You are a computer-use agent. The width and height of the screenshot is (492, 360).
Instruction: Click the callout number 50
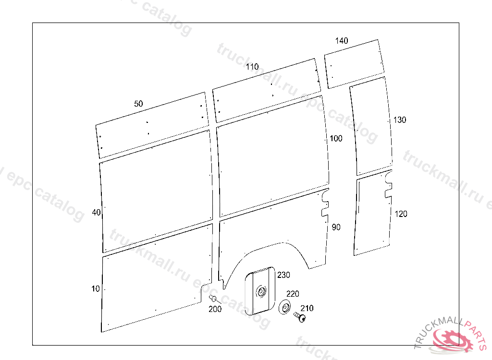pyautogui.click(x=138, y=104)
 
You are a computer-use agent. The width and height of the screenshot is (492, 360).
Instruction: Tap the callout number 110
pyautogui.click(x=252, y=67)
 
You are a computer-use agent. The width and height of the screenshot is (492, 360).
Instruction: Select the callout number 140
pyautogui.click(x=342, y=41)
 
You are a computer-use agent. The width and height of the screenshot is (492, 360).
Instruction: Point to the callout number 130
pyautogui.click(x=399, y=120)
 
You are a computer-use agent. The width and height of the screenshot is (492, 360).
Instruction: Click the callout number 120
pyautogui.click(x=401, y=214)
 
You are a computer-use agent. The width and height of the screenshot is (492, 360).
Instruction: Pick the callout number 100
pyautogui.click(x=336, y=139)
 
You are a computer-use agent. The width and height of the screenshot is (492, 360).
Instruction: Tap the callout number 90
pyautogui.click(x=336, y=227)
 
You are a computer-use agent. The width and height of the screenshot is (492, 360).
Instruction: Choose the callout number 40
pyautogui.click(x=96, y=212)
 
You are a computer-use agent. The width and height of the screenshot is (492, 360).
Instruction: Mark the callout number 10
pyautogui.click(x=96, y=288)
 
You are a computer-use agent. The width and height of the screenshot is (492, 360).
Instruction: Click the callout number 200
pyautogui.click(x=215, y=309)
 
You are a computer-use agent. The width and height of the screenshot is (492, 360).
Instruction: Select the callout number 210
pyautogui.click(x=307, y=308)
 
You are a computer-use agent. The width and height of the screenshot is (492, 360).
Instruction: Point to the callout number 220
pyautogui.click(x=293, y=294)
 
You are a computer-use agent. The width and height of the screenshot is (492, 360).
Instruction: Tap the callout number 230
pyautogui.click(x=283, y=275)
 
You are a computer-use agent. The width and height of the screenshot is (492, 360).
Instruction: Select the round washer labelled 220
pyautogui.click(x=285, y=307)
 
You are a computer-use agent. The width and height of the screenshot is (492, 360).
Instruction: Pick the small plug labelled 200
pyautogui.click(x=212, y=299)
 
